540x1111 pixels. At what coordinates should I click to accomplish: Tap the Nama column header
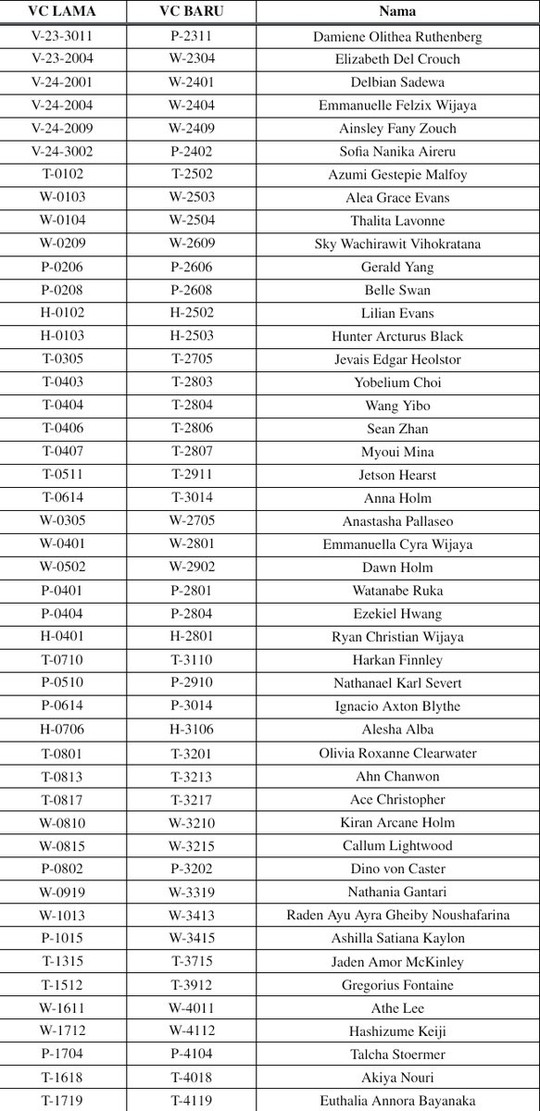[x=398, y=13]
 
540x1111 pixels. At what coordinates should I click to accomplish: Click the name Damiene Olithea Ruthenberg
[x=398, y=36]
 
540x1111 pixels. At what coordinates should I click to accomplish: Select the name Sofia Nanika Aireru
[x=398, y=152]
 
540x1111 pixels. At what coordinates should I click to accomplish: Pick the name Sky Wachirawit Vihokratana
[x=398, y=244]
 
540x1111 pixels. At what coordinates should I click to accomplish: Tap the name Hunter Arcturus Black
[x=398, y=337]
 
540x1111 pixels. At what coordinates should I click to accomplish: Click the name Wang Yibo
[x=398, y=406]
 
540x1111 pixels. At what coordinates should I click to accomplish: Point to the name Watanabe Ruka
[x=398, y=592]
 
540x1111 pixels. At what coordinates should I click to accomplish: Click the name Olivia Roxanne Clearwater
[x=398, y=754]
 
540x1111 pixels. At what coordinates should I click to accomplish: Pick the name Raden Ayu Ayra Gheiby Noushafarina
[x=398, y=916]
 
